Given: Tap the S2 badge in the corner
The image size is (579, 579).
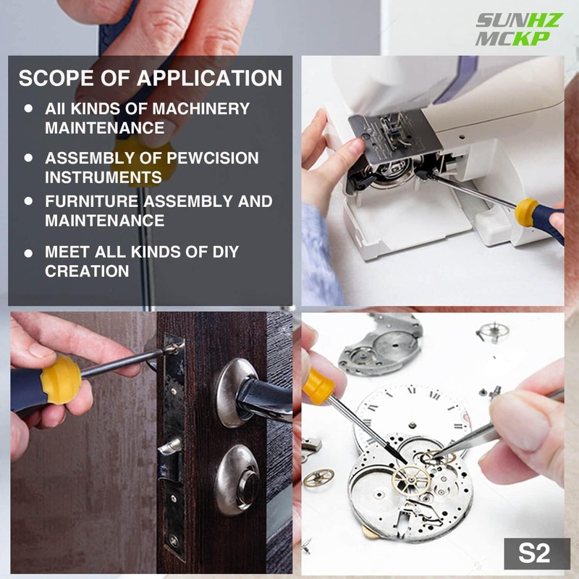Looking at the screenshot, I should tap(534, 554).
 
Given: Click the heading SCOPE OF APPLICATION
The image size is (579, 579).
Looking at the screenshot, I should tap(150, 78).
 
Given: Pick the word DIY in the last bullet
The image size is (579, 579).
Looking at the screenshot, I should tap(221, 253).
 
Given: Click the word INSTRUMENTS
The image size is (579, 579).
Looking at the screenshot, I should tap(103, 177).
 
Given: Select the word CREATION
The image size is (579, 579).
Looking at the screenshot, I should tap(87, 271).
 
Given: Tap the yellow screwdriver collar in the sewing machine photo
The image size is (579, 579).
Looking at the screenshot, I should tap(527, 213).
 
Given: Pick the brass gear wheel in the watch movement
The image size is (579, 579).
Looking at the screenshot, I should tap(410, 478).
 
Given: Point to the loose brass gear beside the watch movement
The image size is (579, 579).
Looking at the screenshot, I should tap(318, 477).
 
